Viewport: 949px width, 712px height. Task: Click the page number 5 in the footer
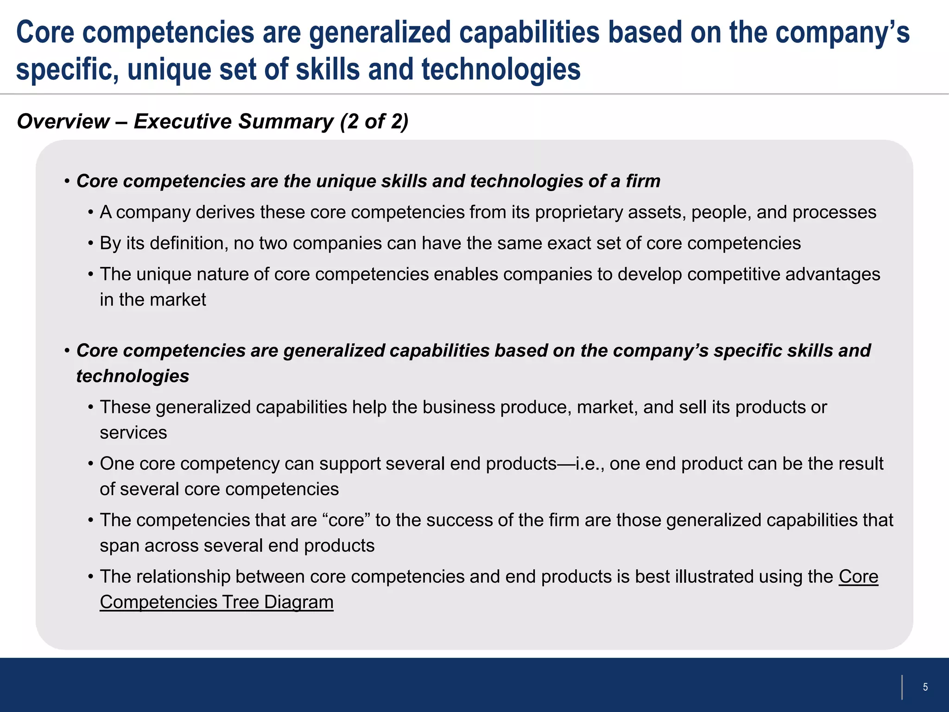coord(925,687)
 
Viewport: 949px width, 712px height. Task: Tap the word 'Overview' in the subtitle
coord(63,121)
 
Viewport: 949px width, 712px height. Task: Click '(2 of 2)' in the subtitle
coord(374,121)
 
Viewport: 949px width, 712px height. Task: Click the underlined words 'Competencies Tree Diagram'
coord(216,602)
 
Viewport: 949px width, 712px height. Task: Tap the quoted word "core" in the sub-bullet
coord(349,520)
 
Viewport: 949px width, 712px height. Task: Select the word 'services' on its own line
coord(133,432)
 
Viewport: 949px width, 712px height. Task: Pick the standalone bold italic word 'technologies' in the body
coord(133,376)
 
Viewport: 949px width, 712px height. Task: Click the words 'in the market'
coord(153,300)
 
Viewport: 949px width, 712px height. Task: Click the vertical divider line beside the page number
coord(902,687)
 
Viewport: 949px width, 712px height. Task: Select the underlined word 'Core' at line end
coord(858,577)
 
